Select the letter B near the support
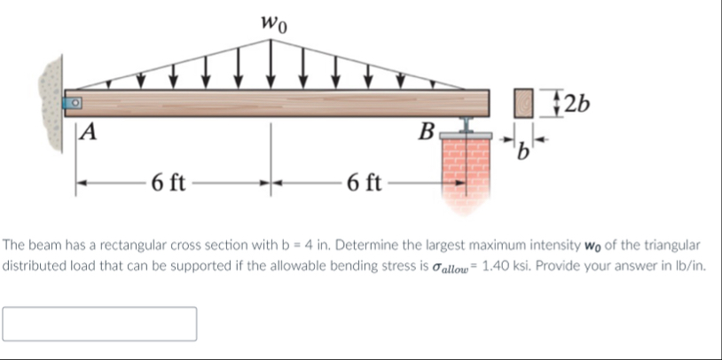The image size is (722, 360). click(x=428, y=135)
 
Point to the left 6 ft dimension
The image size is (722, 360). click(x=168, y=184)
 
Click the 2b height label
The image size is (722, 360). click(x=578, y=102)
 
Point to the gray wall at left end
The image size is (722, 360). click(x=51, y=98)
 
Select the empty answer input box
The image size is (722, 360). click(x=99, y=324)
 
